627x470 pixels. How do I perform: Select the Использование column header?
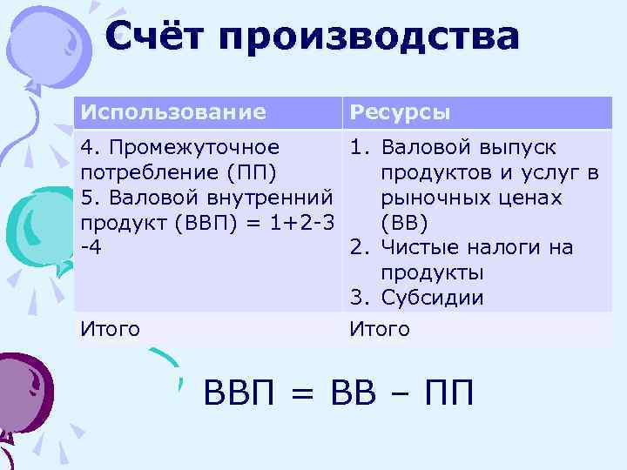[x=172, y=112]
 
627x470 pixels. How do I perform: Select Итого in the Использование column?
[x=111, y=329]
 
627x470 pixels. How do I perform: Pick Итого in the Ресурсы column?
[x=380, y=329]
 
